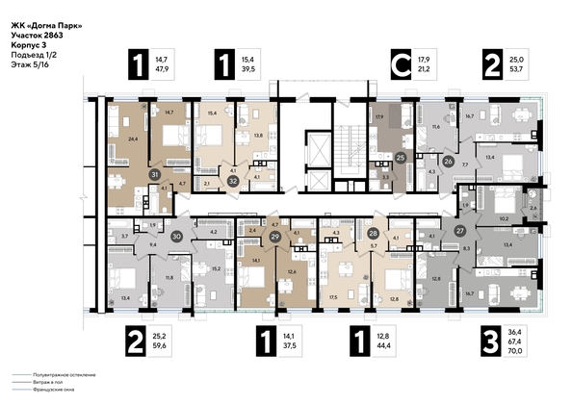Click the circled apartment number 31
[x=155, y=174]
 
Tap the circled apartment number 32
[x=233, y=178]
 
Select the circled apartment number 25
[x=401, y=156]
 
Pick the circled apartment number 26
[x=448, y=162]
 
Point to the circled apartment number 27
[x=460, y=231]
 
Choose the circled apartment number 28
[x=373, y=234]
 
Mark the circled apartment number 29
[x=274, y=236]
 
